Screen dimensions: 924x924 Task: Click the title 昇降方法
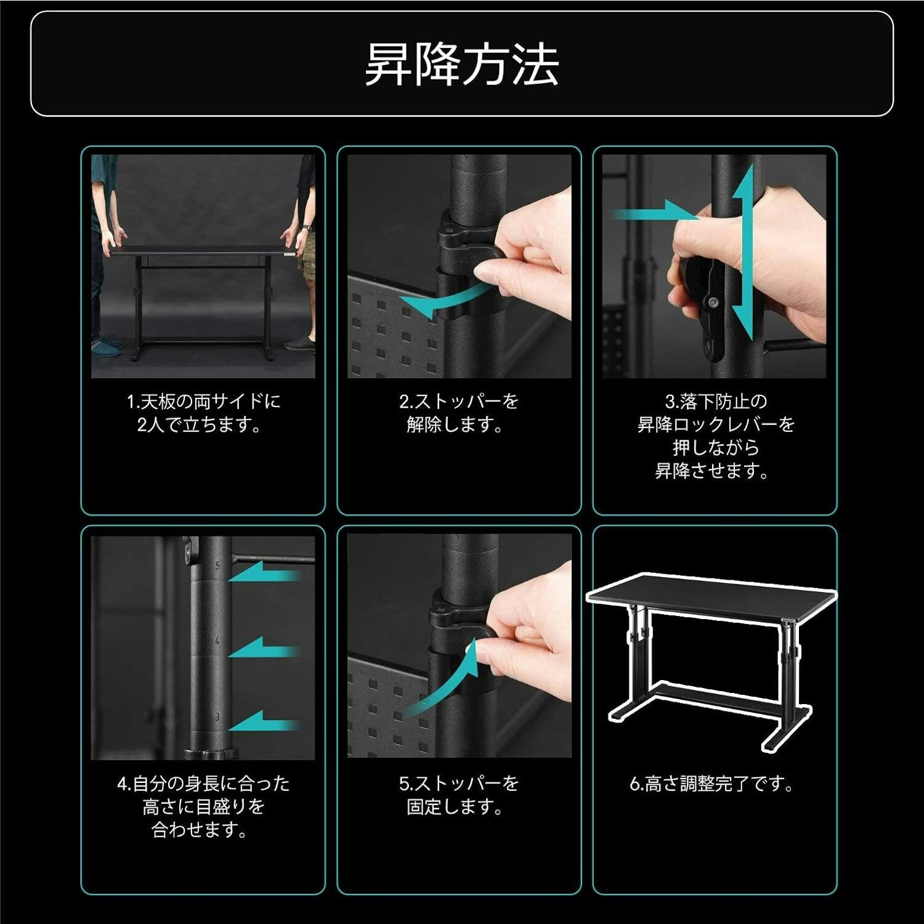point(461,64)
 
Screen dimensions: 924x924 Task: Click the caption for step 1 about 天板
point(203,413)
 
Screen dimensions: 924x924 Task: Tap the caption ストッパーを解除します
point(458,413)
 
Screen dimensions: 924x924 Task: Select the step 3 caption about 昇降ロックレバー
point(715,436)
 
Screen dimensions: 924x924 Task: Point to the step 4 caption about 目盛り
point(203,807)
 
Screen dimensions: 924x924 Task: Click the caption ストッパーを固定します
point(458,795)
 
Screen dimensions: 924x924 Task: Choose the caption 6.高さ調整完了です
point(712,784)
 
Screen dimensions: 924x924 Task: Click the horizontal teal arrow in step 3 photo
point(653,215)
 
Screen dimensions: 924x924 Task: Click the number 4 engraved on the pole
point(217,641)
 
